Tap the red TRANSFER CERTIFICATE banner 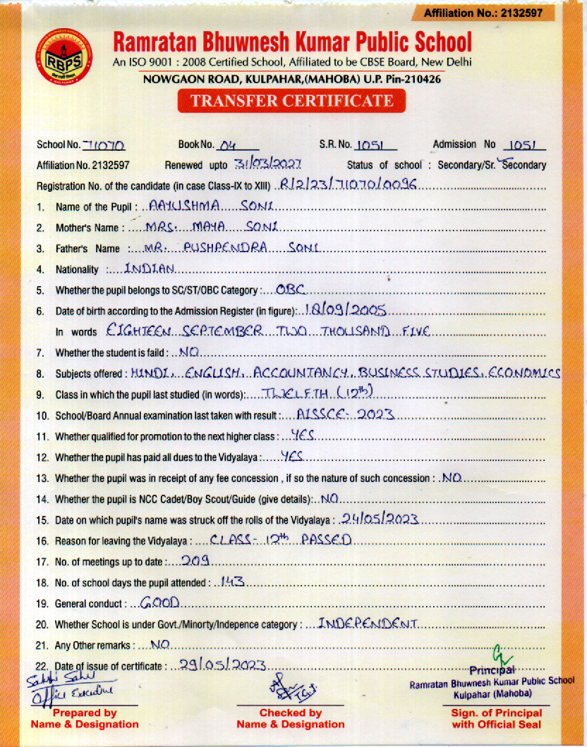(x=292, y=101)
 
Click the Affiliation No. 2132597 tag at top (x=483, y=13)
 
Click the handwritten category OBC (x=289, y=289)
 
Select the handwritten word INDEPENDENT (x=369, y=624)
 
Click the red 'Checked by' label (x=290, y=713)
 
